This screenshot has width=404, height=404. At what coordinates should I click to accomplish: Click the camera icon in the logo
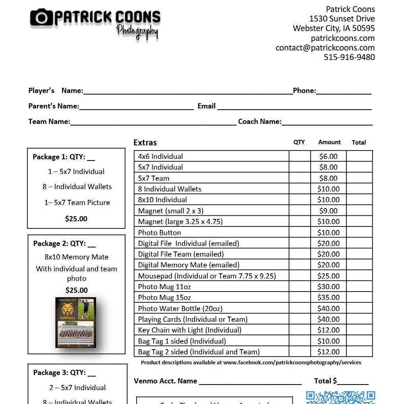41,17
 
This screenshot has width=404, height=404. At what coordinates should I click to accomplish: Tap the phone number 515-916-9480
349,57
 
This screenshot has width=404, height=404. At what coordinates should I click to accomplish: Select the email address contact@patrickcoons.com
325,48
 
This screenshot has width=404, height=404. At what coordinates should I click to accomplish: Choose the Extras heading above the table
145,143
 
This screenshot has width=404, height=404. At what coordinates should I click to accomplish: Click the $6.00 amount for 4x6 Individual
328,157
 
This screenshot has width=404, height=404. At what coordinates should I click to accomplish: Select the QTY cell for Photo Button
299,233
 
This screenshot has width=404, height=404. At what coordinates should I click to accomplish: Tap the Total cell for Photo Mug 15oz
359,298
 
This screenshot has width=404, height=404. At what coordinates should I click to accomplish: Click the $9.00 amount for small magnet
328,211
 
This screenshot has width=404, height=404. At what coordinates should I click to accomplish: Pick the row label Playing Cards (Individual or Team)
193,319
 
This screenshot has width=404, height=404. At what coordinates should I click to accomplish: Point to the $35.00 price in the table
328,298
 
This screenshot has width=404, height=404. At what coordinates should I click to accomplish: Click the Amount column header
329,142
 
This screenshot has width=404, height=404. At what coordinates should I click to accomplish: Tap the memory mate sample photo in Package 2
76,322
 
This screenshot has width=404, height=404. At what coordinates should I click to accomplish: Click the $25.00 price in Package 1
76,219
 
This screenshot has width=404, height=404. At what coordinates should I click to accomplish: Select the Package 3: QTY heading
64,373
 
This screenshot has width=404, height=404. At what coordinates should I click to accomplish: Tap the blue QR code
340,397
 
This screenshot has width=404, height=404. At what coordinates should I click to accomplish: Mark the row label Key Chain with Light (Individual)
189,330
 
